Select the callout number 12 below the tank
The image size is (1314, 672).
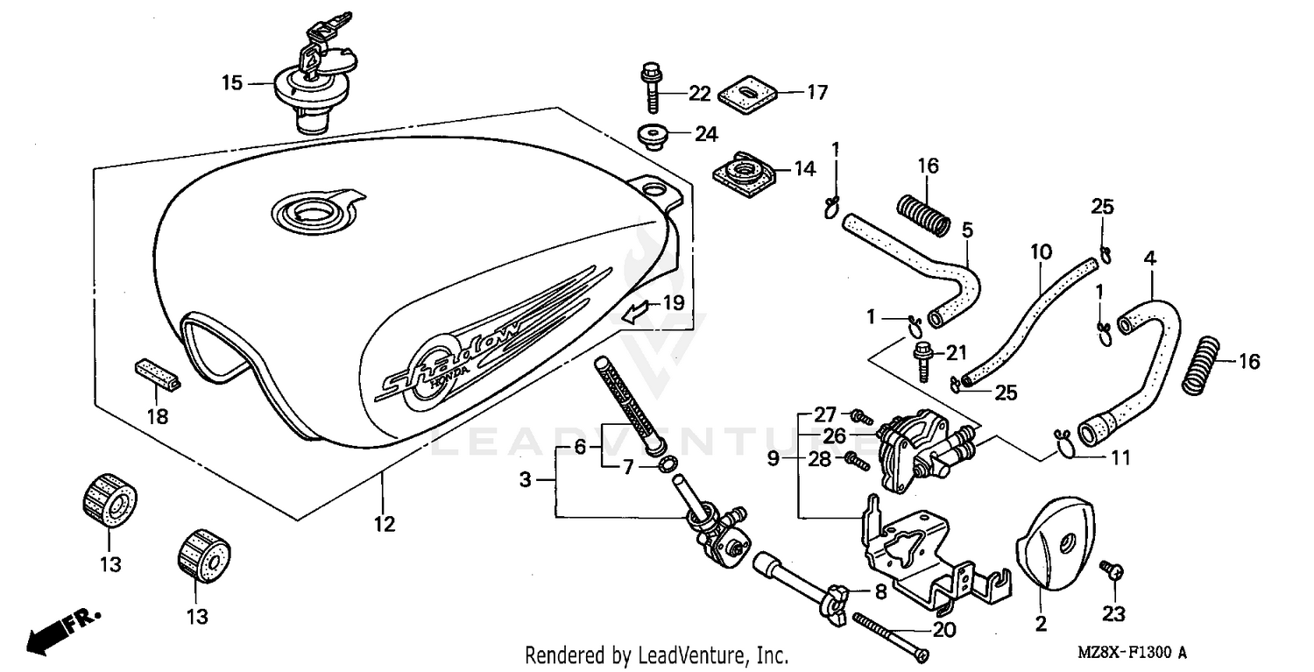384,524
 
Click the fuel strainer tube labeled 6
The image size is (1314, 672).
623,403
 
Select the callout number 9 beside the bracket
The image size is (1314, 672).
774,458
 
